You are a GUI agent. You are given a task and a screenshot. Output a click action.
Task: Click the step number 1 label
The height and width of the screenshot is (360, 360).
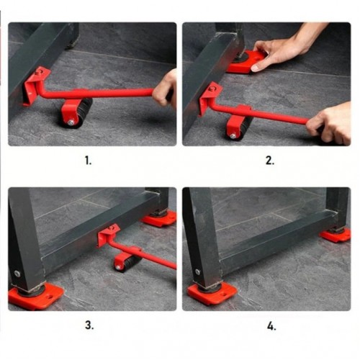89,161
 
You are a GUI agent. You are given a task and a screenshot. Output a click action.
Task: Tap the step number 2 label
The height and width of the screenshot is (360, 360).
270,161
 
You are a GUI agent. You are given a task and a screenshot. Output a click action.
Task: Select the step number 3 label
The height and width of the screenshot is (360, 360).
89,325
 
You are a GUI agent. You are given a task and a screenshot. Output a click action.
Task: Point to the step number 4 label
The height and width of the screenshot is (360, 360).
271,327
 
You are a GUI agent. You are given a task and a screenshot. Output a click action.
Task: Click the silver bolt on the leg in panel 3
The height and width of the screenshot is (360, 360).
17,274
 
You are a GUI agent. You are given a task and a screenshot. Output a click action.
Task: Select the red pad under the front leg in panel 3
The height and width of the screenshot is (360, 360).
36,297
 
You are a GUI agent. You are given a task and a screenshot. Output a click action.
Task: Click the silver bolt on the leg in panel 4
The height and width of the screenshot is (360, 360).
197,272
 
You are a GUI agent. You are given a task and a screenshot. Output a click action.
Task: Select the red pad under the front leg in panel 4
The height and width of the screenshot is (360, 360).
212,292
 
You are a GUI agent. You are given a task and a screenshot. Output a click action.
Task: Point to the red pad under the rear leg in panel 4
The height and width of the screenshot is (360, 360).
336,235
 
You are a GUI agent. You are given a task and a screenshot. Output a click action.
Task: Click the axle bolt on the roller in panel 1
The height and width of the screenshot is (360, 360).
71,122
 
